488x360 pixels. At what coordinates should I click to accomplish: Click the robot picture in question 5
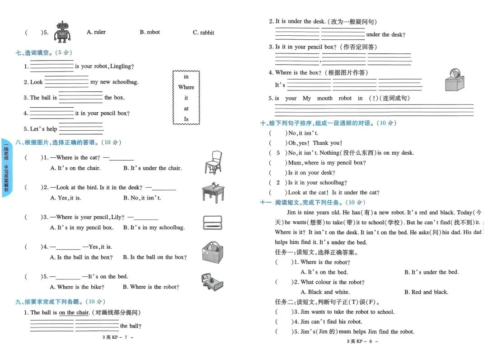[x=62, y=32]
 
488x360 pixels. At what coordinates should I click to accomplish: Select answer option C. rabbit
[x=203, y=33]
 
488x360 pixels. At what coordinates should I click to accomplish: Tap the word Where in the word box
[x=186, y=87]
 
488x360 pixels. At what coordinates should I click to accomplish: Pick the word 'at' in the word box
[x=186, y=109]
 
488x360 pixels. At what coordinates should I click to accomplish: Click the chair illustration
[x=212, y=161]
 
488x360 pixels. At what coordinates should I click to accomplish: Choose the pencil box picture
[x=213, y=223]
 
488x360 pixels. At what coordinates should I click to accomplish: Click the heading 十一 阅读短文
[x=313, y=203]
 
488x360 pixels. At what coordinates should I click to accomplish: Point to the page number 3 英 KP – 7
[x=118, y=337]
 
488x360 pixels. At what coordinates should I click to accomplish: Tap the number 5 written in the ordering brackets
[x=278, y=153]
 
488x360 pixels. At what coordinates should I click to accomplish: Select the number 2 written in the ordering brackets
[x=278, y=183]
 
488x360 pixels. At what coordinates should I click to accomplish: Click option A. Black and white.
[x=324, y=292]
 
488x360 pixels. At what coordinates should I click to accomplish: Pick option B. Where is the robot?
[x=151, y=287]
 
